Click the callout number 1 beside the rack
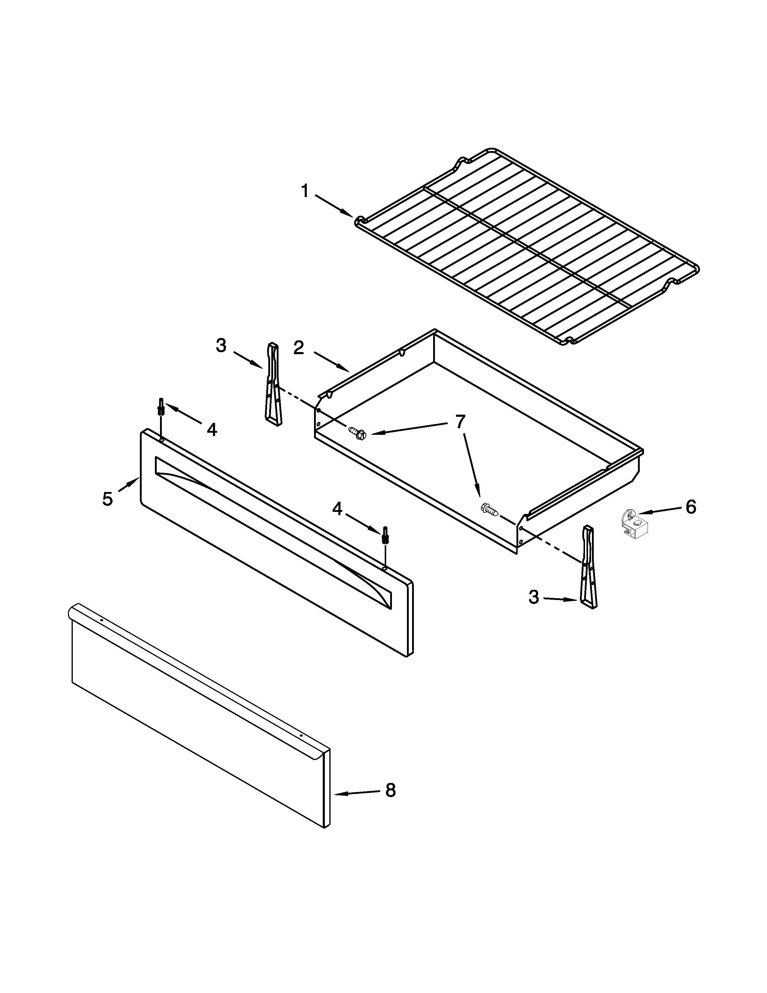coord(305,191)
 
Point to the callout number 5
coord(107,499)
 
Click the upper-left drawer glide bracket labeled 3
coord(273,385)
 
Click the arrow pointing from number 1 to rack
coord(334,206)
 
